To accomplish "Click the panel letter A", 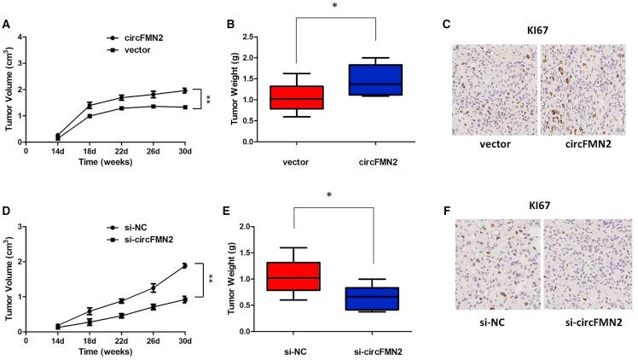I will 6,26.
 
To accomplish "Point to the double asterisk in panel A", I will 207,100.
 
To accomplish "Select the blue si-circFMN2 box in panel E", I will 376,299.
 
